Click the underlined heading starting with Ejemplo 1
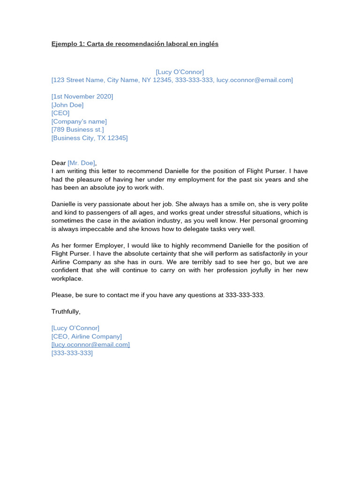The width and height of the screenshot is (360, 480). point(135,44)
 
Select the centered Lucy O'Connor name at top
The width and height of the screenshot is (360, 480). point(180,72)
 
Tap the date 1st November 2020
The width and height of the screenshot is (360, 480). point(82,97)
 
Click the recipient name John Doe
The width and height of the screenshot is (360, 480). point(67,105)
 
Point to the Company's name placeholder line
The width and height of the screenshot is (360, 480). point(79,121)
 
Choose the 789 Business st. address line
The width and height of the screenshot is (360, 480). point(78,130)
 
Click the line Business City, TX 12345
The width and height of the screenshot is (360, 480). point(90,138)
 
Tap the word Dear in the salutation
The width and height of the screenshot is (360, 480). point(59,163)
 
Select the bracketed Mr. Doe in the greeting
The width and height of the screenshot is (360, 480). point(82,163)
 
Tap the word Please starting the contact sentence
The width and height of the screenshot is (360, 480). point(61,295)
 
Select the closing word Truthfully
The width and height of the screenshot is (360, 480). point(66,312)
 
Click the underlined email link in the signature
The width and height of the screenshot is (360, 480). point(90,345)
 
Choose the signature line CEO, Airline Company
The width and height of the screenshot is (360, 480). point(87,337)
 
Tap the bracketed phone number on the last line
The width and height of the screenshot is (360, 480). point(72,353)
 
